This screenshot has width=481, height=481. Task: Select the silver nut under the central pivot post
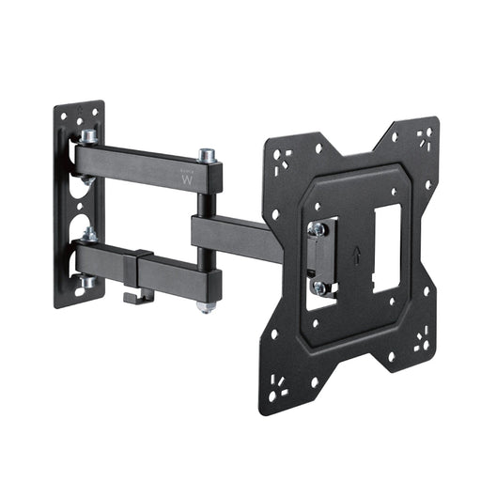pos(204,305)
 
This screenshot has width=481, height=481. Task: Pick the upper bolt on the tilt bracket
pos(318,228)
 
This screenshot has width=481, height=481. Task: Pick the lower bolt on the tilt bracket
pos(320,288)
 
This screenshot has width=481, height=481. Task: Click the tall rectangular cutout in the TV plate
pos(386,248)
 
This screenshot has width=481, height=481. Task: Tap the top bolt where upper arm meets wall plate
pos(88,137)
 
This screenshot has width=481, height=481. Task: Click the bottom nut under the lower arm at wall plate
pos(87,280)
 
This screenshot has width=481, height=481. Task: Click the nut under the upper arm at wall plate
pos(87,179)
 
